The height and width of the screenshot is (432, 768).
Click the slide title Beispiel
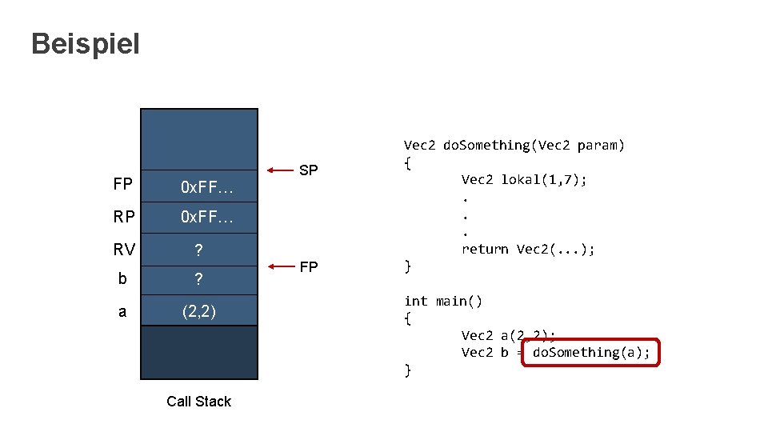[x=85, y=43]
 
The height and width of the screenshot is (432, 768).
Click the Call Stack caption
[x=198, y=402]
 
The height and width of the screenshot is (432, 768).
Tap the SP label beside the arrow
[x=308, y=170]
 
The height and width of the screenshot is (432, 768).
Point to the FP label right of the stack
[x=308, y=266]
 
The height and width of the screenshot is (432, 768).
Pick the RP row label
[x=123, y=217]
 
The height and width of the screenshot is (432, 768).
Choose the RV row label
[x=123, y=250]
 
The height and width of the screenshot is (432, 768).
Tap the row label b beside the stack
[x=122, y=280]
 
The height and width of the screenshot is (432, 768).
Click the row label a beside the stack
[x=122, y=311]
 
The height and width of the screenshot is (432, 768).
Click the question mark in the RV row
[x=198, y=250]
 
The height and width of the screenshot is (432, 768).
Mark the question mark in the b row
[x=198, y=280]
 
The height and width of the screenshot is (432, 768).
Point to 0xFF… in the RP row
[x=206, y=217]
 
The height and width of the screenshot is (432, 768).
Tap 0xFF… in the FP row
[x=206, y=187]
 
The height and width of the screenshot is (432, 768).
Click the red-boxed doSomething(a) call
[x=590, y=352]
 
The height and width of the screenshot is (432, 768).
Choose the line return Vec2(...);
[x=528, y=249]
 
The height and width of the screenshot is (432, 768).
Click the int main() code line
[x=443, y=301]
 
